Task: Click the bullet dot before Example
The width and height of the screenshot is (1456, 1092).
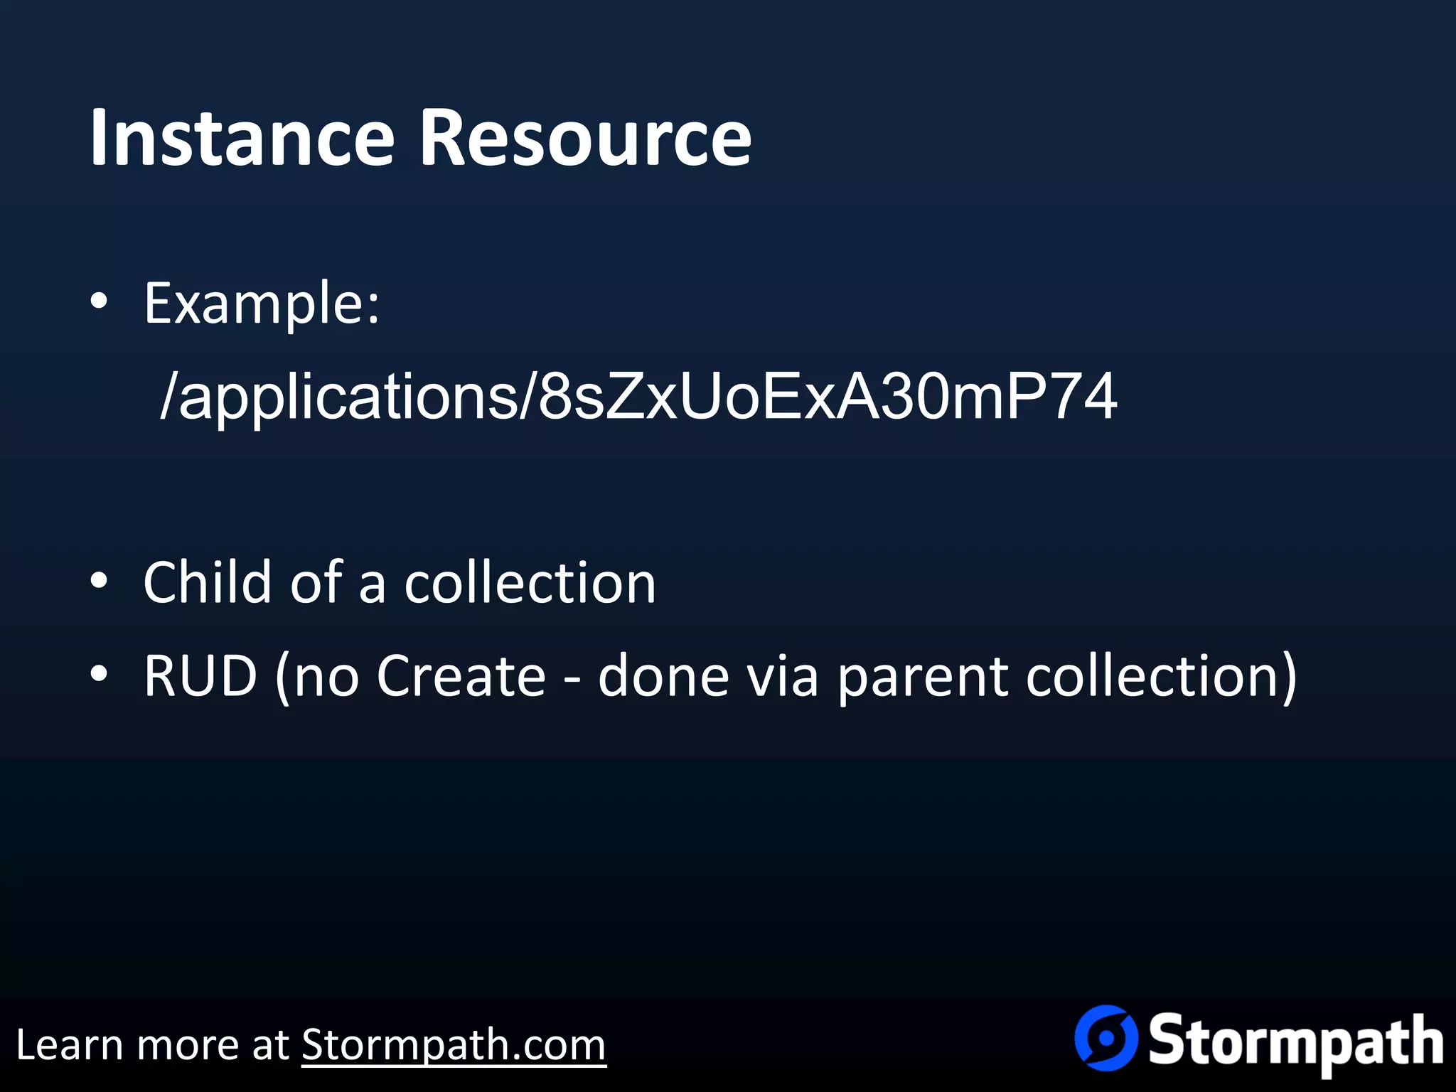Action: point(99,301)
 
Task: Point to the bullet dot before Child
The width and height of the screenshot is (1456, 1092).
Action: point(99,581)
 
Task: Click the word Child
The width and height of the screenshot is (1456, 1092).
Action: point(207,582)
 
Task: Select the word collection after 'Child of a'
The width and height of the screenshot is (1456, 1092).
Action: point(530,582)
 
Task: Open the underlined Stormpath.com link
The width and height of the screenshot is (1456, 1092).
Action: point(454,1045)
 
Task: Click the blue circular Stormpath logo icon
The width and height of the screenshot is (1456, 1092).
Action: point(1105,1038)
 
